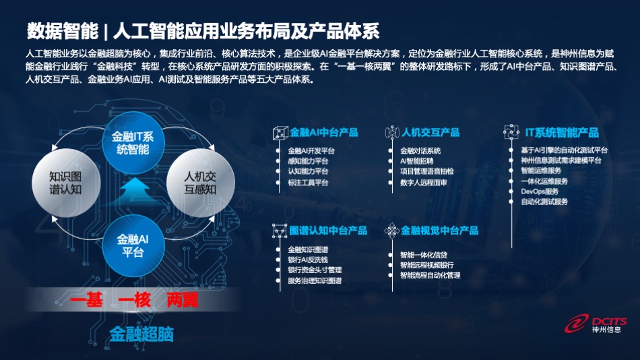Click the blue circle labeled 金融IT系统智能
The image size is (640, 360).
click(x=133, y=143)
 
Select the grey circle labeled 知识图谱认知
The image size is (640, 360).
click(x=66, y=183)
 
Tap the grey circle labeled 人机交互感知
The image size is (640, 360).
click(x=200, y=183)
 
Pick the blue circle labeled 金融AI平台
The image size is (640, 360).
click(x=133, y=245)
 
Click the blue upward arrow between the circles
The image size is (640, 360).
click(x=135, y=191)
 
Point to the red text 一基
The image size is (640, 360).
click(x=86, y=301)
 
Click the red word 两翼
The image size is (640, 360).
click(x=183, y=301)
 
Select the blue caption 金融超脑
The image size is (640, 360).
click(x=141, y=334)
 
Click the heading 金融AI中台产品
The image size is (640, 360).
click(x=323, y=132)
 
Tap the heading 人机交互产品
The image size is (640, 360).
click(x=430, y=132)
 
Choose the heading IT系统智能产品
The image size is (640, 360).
click(x=562, y=132)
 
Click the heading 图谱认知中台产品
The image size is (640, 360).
click(x=328, y=231)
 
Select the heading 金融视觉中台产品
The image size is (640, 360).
click(x=440, y=231)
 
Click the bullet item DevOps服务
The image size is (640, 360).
click(x=540, y=191)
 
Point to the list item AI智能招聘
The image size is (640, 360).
click(x=417, y=161)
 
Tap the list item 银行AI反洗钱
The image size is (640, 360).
click(x=308, y=260)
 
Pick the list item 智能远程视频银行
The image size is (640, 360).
click(x=427, y=265)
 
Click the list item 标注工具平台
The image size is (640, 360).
click(x=308, y=183)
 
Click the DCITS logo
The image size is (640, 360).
click(x=596, y=324)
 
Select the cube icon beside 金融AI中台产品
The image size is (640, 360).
click(x=280, y=133)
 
